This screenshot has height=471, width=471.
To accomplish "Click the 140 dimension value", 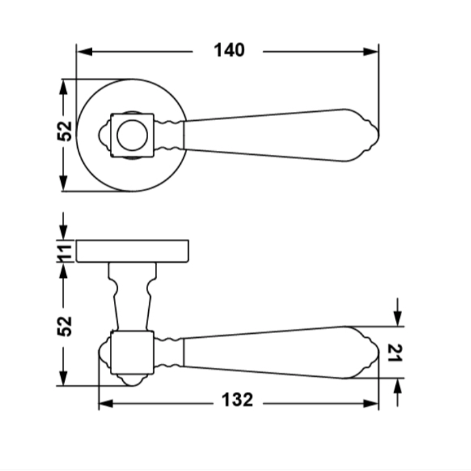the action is click(229, 50).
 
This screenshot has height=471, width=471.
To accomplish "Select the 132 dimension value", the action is click(238, 400).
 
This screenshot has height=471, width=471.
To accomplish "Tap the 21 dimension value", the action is click(395, 353).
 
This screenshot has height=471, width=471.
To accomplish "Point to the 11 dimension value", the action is click(66, 251).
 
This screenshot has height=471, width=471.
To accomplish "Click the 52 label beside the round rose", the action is click(65, 131).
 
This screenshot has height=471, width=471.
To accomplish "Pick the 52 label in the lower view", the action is click(65, 326).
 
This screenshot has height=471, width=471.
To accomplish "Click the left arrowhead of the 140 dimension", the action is click(85, 52).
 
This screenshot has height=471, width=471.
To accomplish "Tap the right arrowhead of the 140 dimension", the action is click(371, 52).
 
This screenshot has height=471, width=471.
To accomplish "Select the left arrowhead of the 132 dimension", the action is click(106, 403).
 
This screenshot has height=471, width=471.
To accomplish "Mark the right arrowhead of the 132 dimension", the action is click(371, 403).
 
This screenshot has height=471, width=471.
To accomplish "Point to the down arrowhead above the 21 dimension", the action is click(397, 318).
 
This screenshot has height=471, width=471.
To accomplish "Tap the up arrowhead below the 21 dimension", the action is click(397, 386).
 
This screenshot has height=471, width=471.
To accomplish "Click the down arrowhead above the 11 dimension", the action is click(63, 232).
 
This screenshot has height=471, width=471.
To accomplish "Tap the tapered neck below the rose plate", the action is click(132, 296).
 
